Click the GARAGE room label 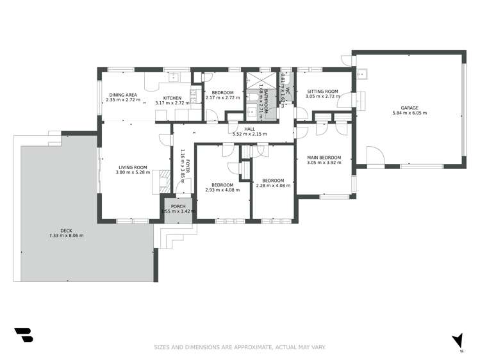(410, 108)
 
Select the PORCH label (178, 206)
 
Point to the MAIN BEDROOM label (324, 158)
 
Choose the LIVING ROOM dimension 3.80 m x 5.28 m (133, 172)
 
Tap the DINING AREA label (122, 94)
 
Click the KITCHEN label (172, 97)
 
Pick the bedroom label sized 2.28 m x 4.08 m (272, 181)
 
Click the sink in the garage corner (361, 73)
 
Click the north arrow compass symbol (457, 341)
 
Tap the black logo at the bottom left (23, 335)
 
